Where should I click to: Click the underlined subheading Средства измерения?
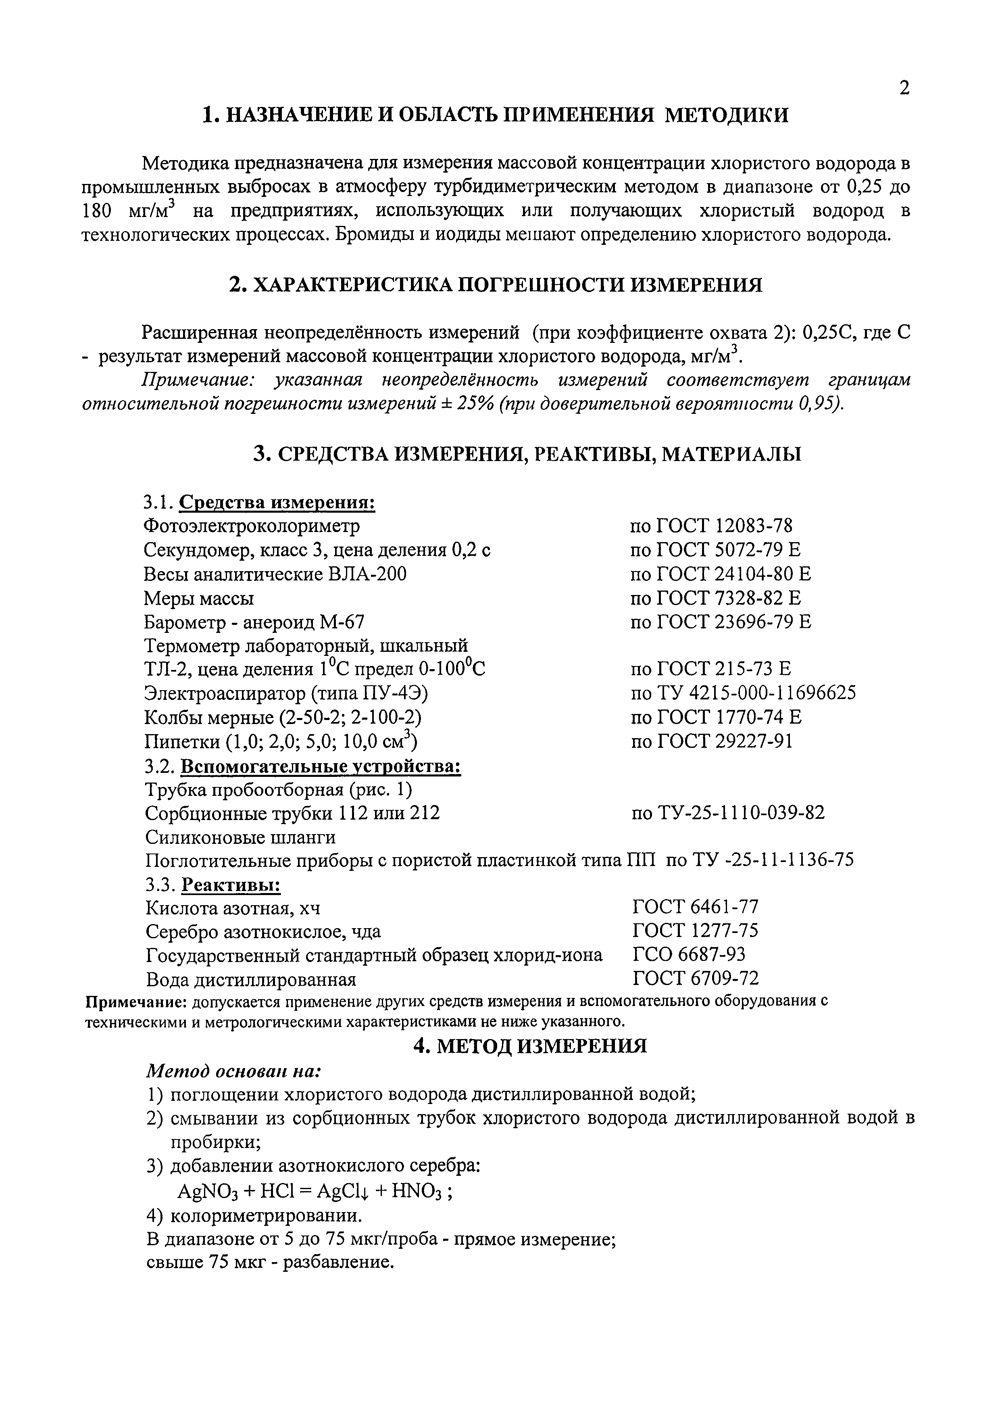[277, 502]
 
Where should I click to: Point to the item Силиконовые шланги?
[240, 837]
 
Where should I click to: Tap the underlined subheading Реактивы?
[232, 886]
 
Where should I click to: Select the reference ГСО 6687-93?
[689, 955]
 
